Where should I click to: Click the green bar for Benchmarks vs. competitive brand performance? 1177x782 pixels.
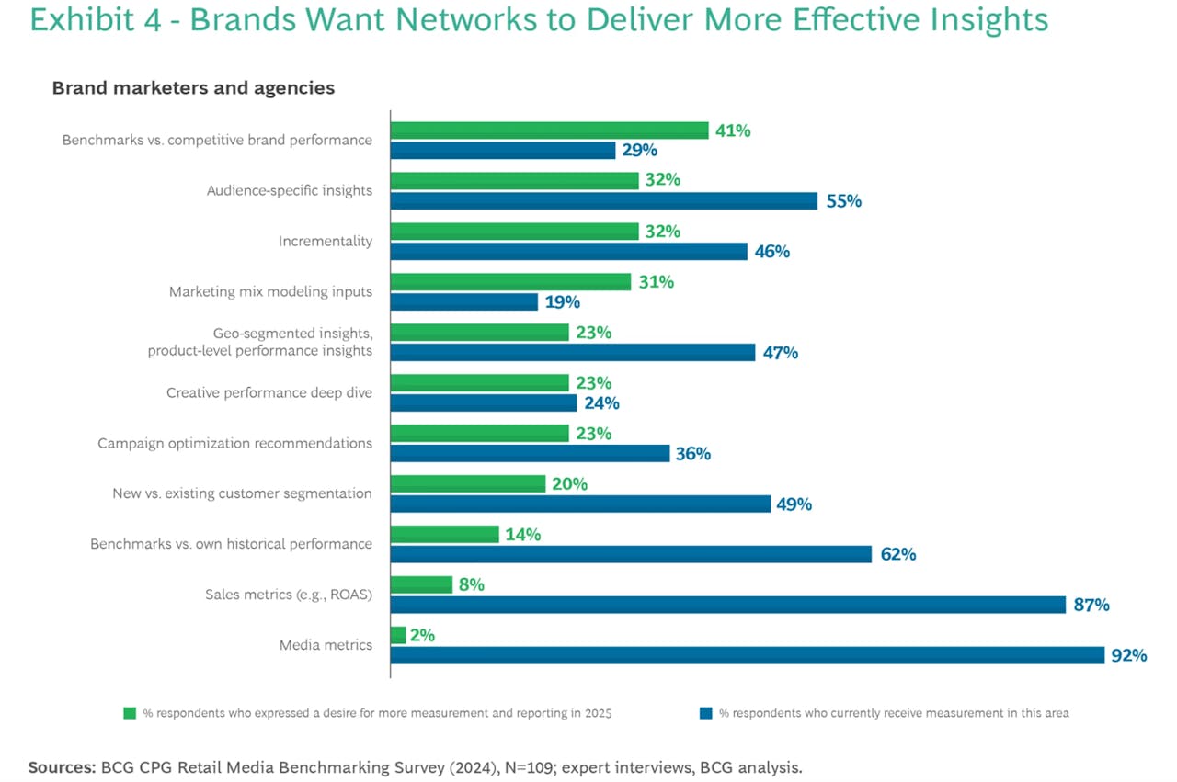[549, 130]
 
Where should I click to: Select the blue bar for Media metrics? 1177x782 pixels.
[747, 655]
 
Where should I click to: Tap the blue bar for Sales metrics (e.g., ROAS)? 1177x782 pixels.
[728, 605]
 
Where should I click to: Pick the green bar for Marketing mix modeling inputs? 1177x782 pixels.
[510, 282]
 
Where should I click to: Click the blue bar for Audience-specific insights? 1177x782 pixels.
[603, 200]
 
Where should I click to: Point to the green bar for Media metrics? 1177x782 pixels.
[398, 635]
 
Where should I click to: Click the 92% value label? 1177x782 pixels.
[1128, 655]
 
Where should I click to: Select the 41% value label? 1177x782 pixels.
[733, 130]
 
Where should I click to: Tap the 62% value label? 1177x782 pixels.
[897, 554]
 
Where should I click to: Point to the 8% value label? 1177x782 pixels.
[471, 584]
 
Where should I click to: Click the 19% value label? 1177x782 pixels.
[562, 301]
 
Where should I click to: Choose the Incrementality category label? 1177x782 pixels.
[326, 241]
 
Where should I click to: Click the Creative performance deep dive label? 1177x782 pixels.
[269, 392]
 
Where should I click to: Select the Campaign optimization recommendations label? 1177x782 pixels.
[234, 443]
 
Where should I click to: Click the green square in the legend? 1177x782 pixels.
[130, 713]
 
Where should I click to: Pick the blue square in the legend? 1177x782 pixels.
[705, 713]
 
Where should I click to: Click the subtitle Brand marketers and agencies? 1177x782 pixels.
[193, 88]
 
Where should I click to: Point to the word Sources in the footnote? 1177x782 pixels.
[61, 767]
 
